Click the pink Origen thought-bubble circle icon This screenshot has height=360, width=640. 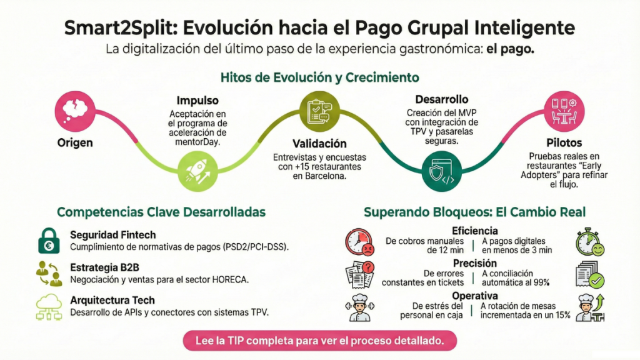75,111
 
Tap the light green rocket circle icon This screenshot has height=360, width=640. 197,171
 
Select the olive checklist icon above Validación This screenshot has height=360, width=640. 319,111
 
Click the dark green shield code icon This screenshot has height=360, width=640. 442,171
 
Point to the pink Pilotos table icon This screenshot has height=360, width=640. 564,111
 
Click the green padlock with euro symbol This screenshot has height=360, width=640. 49,241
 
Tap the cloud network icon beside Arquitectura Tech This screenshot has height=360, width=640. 49,306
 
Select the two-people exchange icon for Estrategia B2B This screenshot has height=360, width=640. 49,274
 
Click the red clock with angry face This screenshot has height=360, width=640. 359,242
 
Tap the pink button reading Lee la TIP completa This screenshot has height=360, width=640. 319,341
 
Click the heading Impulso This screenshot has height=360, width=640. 197,101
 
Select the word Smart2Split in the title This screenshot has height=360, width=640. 121,28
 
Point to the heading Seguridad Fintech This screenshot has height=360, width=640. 113,235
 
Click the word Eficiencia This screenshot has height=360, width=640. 475,231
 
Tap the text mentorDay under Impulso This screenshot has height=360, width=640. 197,142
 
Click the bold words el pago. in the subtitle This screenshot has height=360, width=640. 510,49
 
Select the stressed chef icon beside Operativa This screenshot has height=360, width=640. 359,307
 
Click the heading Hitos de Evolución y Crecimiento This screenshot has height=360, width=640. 319,77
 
